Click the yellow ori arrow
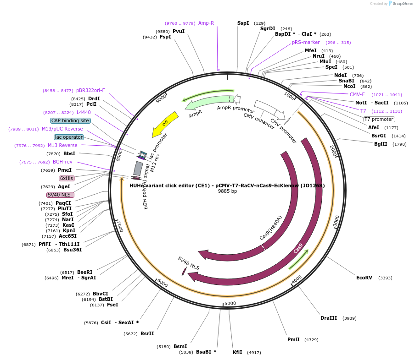click(165, 124)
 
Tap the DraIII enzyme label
click(329, 318)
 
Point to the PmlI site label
click(293, 339)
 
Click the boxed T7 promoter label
click(379, 119)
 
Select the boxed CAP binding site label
click(70, 120)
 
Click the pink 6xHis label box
click(67, 178)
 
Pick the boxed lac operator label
click(69, 137)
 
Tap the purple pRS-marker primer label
click(306, 42)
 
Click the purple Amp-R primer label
click(206, 23)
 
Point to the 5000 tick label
click(230, 303)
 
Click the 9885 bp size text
click(227, 191)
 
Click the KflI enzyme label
click(237, 352)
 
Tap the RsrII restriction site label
click(147, 333)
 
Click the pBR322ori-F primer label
click(90, 90)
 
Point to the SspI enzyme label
click(243, 23)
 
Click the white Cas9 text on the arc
click(298, 248)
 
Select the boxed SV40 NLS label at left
click(61, 195)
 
